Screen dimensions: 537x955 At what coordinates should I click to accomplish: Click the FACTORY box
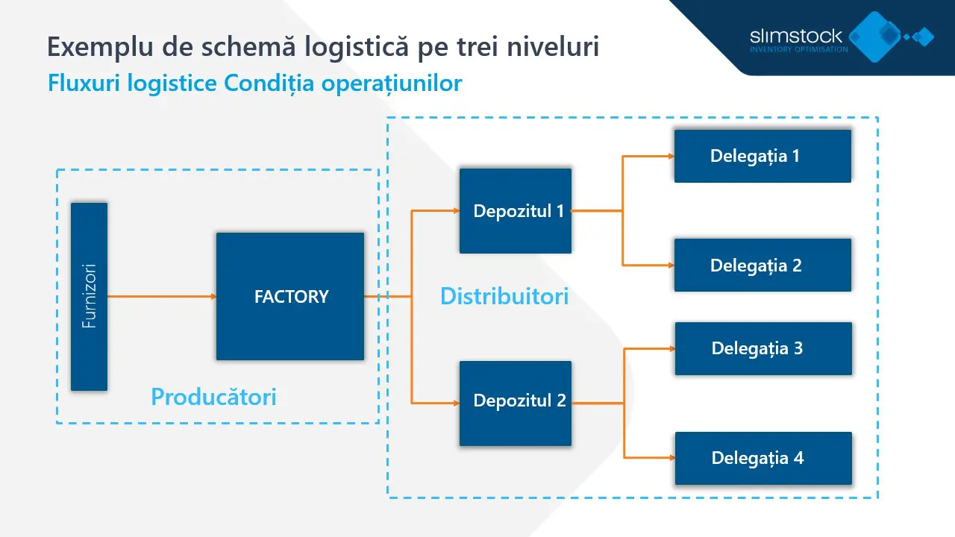pos(290,296)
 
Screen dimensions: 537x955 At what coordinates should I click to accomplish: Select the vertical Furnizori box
pos(89,296)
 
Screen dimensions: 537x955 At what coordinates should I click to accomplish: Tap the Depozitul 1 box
pos(516,211)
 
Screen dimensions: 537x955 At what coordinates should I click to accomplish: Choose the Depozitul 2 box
pos(516,403)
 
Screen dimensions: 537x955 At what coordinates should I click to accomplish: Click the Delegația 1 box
pos(763,156)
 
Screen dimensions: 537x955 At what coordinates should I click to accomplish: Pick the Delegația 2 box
pos(763,265)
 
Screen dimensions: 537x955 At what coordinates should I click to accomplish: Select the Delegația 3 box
pos(763,348)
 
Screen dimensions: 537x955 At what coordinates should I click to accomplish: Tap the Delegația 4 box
pos(763,458)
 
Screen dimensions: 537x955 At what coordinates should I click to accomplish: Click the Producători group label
pos(213,397)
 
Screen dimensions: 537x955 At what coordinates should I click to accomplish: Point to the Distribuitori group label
pos(504,296)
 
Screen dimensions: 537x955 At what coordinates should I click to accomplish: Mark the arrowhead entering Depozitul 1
pos(455,211)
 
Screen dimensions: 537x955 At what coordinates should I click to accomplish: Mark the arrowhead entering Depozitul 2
pos(455,403)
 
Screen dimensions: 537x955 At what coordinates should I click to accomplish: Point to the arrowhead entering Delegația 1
pos(670,157)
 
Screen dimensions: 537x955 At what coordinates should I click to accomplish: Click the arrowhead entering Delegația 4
pos(671,458)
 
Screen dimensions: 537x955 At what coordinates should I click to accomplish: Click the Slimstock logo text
pos(796,36)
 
